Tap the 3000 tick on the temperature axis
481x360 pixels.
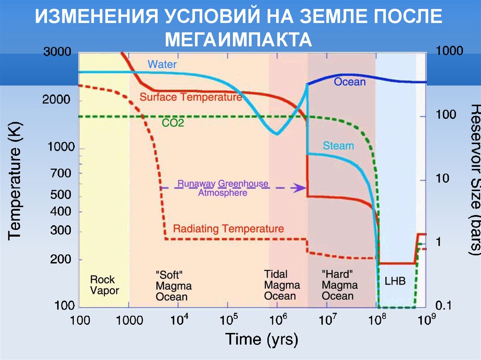coord(57,52)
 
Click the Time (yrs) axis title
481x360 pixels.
coord(262,339)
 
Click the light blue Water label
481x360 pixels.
coord(162,63)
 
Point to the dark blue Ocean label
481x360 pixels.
coord(349,82)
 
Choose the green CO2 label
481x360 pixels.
coord(173,123)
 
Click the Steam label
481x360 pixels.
coord(339,146)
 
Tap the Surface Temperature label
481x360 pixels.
coord(191,97)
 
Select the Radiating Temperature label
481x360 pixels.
coord(228,229)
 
